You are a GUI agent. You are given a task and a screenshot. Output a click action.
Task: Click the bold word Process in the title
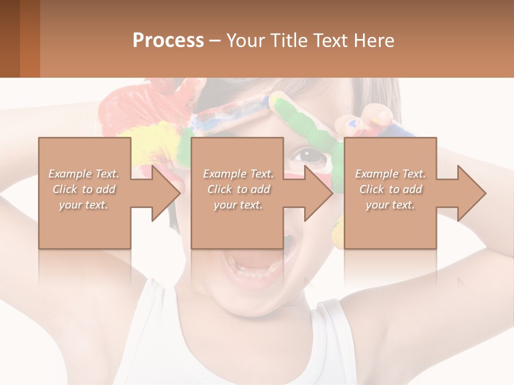click(x=168, y=40)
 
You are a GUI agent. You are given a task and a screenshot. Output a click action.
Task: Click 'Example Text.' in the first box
click(x=84, y=174)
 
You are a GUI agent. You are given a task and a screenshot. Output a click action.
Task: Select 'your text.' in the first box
click(x=84, y=205)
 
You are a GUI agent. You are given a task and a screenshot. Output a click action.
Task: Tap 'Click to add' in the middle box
click(x=238, y=189)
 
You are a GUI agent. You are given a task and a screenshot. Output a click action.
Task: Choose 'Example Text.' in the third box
click(x=390, y=174)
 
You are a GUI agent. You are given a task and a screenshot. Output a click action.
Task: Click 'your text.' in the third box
click(x=390, y=205)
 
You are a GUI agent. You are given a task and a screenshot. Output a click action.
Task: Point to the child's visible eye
click(x=308, y=155)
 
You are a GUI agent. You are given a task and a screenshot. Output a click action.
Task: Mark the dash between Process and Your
click(x=215, y=41)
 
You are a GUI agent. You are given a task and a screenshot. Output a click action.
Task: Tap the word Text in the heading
click(x=329, y=40)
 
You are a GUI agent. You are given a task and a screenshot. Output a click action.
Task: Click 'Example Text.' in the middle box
click(x=238, y=174)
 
